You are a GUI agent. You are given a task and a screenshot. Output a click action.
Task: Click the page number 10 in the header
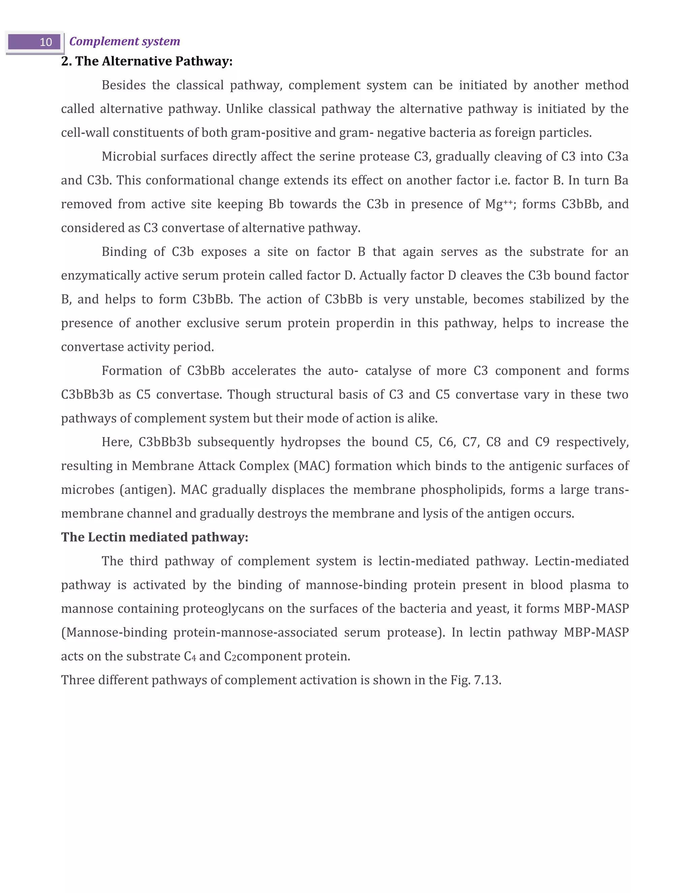tap(45, 42)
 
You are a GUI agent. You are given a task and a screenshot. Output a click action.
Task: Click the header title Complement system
tap(124, 41)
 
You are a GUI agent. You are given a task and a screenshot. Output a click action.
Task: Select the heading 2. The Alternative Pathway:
tap(147, 61)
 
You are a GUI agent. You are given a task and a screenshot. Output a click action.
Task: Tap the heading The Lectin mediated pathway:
tap(155, 537)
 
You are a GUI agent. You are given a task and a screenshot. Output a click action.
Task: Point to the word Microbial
tap(128, 157)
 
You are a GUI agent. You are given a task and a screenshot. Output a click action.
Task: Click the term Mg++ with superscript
tap(498, 204)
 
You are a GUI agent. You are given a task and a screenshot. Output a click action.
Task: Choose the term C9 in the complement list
tap(542, 442)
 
